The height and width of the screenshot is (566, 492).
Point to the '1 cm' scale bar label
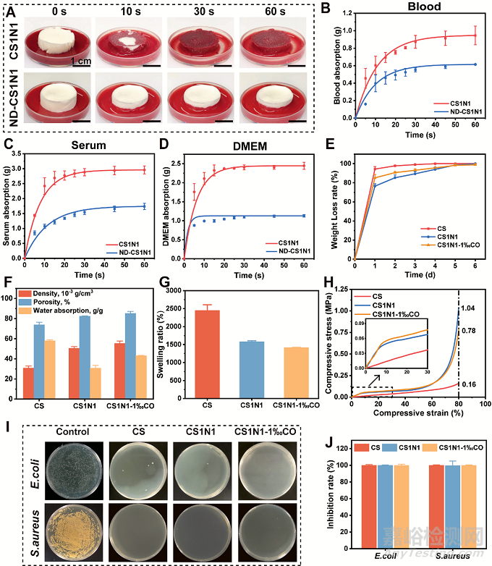click(82, 62)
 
